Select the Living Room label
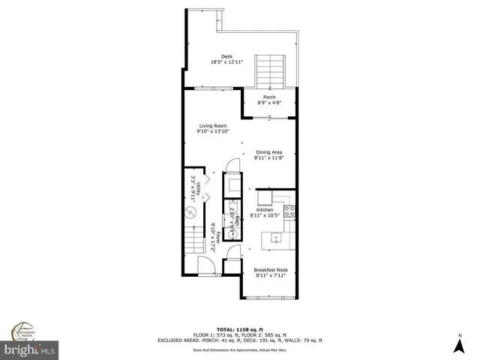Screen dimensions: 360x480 (213, 125)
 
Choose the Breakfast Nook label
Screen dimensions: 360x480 (270, 270)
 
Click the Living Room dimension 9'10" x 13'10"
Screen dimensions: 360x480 (214, 131)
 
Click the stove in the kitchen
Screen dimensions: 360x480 (289, 211)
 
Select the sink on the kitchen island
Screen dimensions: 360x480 (276, 239)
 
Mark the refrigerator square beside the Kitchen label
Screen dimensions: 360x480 (265, 197)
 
